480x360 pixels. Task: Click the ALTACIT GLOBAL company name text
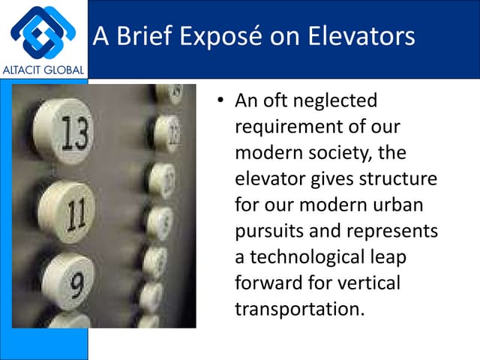click(x=44, y=70)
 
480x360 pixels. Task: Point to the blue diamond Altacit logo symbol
click(x=43, y=31)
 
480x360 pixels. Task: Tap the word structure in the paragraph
click(x=402, y=180)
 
